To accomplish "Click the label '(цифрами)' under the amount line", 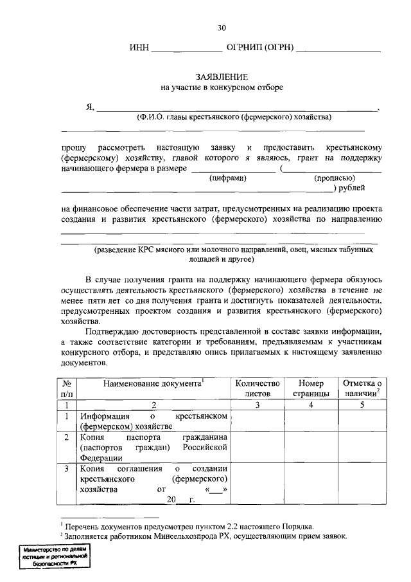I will [x=229, y=178].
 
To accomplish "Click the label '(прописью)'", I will [x=335, y=178].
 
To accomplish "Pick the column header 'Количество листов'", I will [x=258, y=387].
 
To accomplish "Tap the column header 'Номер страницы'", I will [x=311, y=387].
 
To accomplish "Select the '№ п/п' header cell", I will [x=67, y=387].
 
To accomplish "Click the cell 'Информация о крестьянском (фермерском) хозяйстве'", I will [x=153, y=421].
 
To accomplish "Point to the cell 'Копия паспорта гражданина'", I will [x=153, y=447].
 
